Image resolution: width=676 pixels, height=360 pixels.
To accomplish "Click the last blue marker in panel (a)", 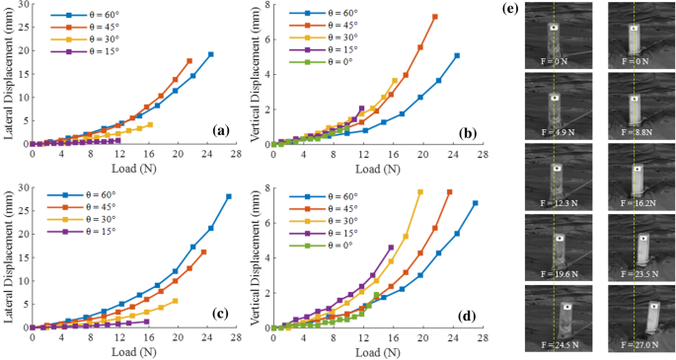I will [x=210, y=54].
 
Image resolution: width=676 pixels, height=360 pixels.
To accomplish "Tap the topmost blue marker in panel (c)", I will [x=228, y=196].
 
